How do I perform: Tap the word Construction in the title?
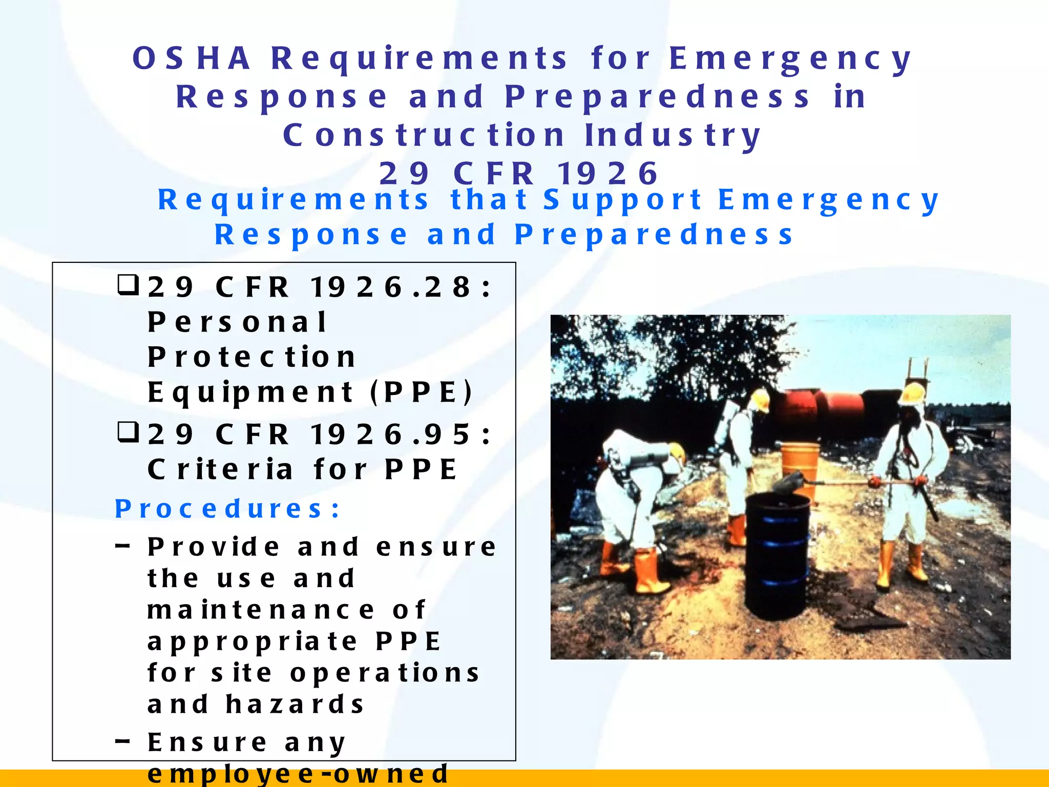click(x=424, y=135)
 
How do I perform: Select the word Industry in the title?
click(x=673, y=135)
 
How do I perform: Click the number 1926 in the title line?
click(x=607, y=173)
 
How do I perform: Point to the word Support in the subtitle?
click(x=623, y=199)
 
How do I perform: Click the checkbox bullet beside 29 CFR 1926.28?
click(x=128, y=285)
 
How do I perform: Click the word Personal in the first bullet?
click(x=237, y=322)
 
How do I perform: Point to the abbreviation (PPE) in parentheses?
click(x=421, y=392)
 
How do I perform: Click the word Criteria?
click(x=221, y=469)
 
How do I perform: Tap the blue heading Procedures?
click(x=227, y=509)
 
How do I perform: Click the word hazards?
click(x=295, y=704)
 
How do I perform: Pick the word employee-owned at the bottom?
click(x=298, y=774)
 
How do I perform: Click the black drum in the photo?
click(x=777, y=553)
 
